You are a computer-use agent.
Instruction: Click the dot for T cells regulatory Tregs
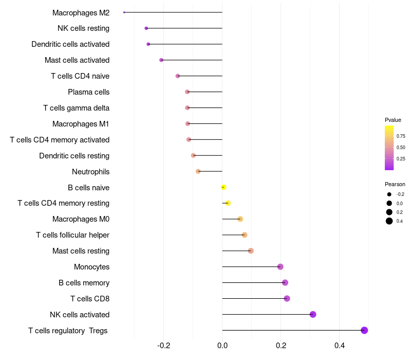click(364, 330)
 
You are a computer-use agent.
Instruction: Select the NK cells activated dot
click(313, 314)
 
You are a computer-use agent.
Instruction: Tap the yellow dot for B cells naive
click(223, 187)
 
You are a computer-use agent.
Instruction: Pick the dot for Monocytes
click(280, 266)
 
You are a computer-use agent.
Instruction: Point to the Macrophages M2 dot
click(124, 12)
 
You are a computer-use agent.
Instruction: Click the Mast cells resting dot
click(251, 251)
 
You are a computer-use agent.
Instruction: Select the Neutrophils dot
click(198, 171)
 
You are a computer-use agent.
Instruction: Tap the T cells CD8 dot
click(287, 298)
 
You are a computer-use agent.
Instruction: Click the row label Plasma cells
click(88, 92)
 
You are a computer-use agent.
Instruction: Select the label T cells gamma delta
click(76, 108)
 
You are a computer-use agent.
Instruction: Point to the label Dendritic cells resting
click(74, 155)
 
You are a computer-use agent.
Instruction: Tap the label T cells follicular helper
click(72, 235)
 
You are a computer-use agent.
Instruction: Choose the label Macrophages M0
click(81, 219)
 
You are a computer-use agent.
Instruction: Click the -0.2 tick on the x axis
click(163, 346)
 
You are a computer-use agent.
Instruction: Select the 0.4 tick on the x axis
click(339, 346)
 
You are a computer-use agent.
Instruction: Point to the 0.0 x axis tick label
click(222, 346)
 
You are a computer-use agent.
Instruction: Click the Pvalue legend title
click(393, 120)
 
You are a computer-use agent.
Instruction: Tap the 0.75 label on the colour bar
click(401, 136)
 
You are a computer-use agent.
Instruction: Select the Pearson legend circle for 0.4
click(389, 221)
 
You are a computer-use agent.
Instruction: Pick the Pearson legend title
click(395, 184)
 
